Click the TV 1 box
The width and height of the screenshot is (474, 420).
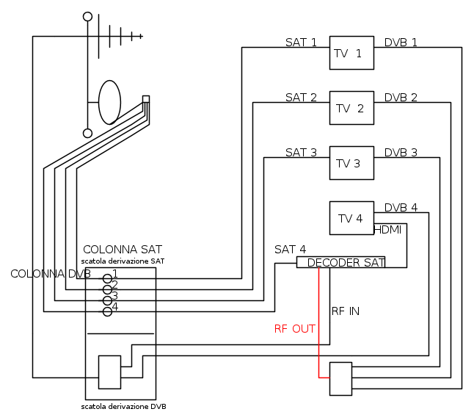point(351,53)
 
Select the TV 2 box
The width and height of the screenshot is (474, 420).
point(351,108)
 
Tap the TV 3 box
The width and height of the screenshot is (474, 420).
point(351,163)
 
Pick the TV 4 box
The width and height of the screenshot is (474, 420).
point(351,218)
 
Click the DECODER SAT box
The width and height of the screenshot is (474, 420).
point(340,262)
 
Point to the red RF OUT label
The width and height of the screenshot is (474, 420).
point(294,329)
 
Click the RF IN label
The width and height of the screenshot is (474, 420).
point(346,311)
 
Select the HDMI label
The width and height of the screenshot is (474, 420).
point(388,230)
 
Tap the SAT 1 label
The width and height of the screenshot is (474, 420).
point(301,43)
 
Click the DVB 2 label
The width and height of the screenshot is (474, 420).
point(401,98)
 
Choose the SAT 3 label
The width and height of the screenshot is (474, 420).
point(301,153)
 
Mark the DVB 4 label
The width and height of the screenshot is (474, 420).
point(401,208)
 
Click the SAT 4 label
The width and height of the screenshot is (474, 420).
point(290,250)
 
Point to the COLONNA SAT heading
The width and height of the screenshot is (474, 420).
point(123,250)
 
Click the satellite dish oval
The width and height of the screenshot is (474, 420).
point(109,102)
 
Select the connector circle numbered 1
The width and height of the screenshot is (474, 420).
point(107,279)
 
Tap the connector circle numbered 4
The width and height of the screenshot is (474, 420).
point(107,311)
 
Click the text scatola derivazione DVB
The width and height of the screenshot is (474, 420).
point(128,406)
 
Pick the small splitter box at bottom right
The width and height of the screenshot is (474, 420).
point(340,378)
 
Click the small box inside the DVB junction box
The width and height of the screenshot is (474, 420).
point(109,372)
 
